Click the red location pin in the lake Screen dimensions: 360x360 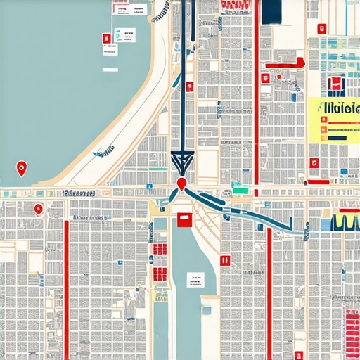(21, 168)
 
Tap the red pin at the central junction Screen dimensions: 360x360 (182, 184)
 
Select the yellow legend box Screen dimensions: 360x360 (334, 120)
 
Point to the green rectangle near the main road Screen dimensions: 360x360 (240, 188)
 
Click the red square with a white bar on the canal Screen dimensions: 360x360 (184, 220)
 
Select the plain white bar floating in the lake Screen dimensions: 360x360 (111, 70)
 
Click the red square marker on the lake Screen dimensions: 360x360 (106, 39)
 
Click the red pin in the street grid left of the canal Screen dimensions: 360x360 (37, 208)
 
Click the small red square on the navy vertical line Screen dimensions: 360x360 (189, 86)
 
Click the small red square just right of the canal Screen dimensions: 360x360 (225, 260)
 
